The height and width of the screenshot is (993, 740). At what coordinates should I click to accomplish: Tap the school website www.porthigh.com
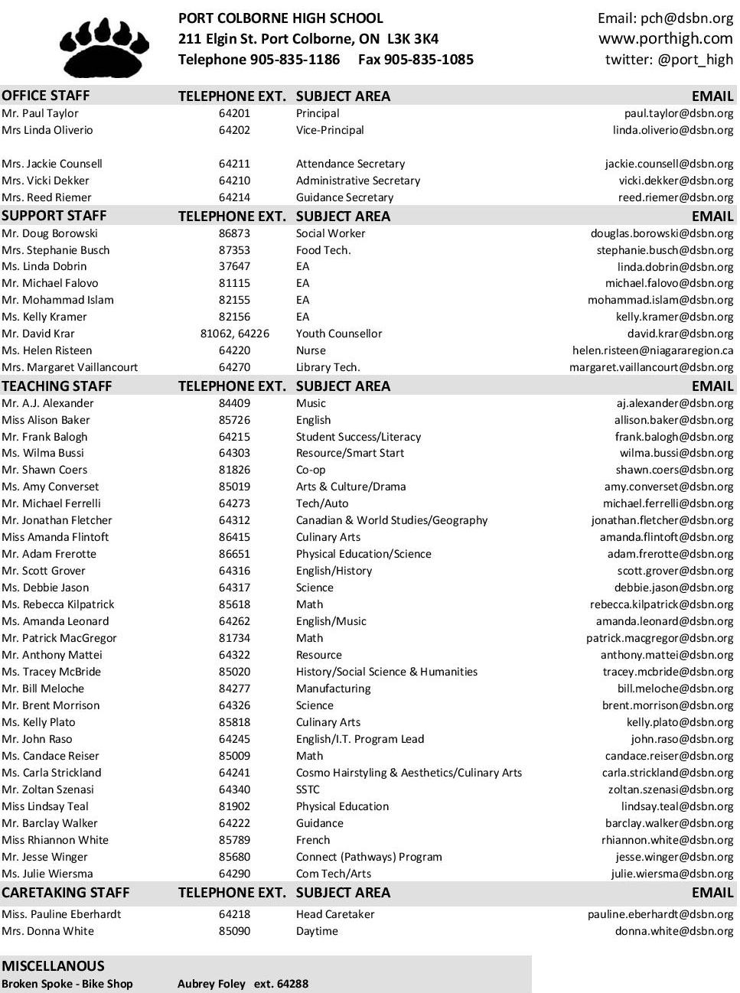665,38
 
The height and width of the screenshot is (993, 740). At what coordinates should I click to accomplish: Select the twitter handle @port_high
669,59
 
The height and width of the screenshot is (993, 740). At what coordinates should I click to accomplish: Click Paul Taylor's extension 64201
234,113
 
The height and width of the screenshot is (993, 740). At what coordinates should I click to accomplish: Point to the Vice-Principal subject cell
330,130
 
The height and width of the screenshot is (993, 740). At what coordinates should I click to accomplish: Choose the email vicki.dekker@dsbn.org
676,181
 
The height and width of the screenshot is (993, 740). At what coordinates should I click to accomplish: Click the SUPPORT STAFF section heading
54,216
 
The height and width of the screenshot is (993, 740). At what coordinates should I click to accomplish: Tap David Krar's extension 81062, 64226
234,334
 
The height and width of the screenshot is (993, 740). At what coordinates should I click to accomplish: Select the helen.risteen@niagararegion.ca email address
652,350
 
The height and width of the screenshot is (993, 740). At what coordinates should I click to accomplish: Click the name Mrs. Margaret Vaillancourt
70,367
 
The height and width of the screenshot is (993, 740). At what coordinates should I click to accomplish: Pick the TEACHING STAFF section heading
57,386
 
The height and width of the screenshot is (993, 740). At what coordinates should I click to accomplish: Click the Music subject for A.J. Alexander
311,403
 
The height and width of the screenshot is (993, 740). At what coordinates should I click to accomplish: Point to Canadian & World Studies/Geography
391,520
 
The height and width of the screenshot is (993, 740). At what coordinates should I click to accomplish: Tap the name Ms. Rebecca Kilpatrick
58,604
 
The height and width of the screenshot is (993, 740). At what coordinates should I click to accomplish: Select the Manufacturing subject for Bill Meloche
333,689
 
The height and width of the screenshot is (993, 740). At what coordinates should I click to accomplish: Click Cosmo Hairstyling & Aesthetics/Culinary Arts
409,773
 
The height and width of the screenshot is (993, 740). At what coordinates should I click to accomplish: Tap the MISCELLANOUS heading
53,965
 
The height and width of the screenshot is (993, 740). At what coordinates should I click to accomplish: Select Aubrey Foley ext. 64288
243,984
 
